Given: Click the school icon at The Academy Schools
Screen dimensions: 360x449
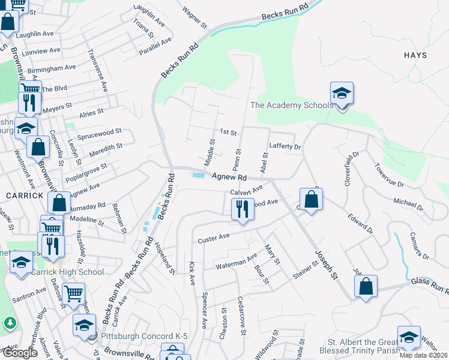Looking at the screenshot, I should (x=342, y=94).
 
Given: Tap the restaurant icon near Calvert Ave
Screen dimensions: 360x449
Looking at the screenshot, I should (x=243, y=209).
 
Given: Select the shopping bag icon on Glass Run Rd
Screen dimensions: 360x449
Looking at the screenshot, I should (x=366, y=286).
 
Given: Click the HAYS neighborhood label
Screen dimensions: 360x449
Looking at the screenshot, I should (x=415, y=55).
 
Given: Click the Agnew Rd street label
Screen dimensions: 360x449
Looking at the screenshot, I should (x=229, y=177).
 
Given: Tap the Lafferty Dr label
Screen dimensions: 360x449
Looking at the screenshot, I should (x=285, y=146).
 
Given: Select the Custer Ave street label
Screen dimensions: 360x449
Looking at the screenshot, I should (x=214, y=238).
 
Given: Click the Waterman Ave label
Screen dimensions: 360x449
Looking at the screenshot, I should (x=237, y=262).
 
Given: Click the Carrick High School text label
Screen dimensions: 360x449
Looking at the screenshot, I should (x=74, y=272).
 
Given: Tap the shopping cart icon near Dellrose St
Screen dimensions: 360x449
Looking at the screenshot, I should (x=73, y=294).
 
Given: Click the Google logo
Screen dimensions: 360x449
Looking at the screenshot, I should (x=20, y=353).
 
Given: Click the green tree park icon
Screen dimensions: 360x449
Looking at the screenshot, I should (x=10, y=323).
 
